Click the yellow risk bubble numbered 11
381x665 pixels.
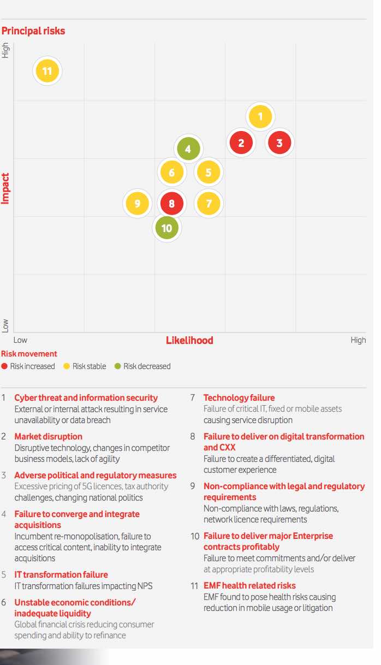point(47,71)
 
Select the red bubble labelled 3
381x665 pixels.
point(279,143)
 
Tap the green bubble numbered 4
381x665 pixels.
point(188,149)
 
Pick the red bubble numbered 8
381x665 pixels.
point(172,204)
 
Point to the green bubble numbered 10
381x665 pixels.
point(166,228)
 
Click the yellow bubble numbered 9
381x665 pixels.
point(138,204)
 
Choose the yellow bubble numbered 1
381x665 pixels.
point(260,116)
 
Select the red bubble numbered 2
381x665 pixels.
point(241,143)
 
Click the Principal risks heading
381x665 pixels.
point(33,31)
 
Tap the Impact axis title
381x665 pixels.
point(6,188)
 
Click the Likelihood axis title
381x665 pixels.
point(189,340)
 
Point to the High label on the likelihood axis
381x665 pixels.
point(358,340)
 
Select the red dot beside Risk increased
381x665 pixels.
point(5,366)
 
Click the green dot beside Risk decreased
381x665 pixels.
point(118,366)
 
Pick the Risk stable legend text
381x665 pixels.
point(89,366)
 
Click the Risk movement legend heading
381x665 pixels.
point(29,354)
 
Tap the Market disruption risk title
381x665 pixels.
point(48,436)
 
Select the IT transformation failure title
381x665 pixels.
point(61,574)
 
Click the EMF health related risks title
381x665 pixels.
point(249,586)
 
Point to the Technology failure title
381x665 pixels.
point(239,397)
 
